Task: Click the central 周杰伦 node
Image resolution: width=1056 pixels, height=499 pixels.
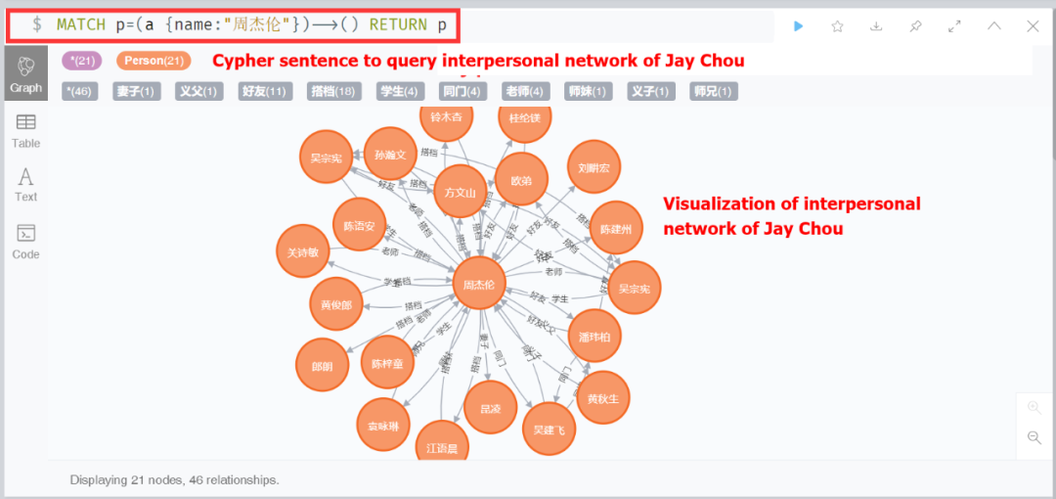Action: [x=479, y=284]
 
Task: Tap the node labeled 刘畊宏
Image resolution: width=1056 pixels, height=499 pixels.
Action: [x=594, y=167]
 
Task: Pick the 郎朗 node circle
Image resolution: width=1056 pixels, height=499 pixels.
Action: [x=322, y=366]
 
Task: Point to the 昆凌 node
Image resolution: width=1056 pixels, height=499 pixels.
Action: [x=490, y=408]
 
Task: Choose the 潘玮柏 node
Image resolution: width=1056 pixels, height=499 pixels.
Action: [x=594, y=336]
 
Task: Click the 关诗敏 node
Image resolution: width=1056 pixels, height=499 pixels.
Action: [x=303, y=251]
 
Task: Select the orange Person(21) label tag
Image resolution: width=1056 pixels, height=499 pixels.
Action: [x=154, y=61]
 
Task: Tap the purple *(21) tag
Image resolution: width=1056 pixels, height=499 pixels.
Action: [x=82, y=61]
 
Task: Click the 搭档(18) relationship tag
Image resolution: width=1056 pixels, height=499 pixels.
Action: [x=331, y=91]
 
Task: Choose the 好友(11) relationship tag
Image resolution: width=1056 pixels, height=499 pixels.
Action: [x=263, y=91]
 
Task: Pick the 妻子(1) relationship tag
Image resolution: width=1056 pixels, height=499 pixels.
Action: [x=136, y=91]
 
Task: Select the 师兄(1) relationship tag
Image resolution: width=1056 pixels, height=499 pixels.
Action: [x=713, y=91]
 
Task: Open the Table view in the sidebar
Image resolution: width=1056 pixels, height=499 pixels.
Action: [x=26, y=130]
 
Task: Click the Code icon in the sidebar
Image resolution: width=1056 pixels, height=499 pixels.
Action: [x=26, y=241]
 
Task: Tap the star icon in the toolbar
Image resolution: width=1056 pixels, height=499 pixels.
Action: [x=837, y=26]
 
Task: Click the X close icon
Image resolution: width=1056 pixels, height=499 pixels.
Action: [x=1033, y=26]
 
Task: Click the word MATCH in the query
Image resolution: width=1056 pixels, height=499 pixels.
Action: [x=81, y=24]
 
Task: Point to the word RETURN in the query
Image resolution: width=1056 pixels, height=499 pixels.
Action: [x=398, y=24]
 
